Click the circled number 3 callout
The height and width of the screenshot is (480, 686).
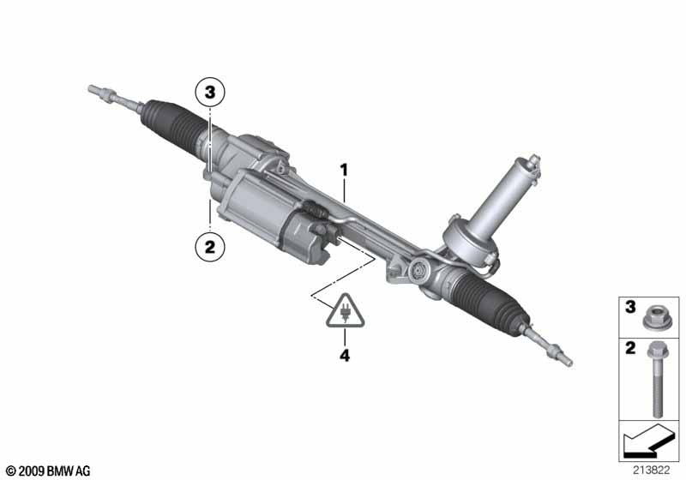(x=210, y=93)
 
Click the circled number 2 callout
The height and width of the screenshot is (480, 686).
(x=210, y=247)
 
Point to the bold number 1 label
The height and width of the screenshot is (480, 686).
(x=345, y=170)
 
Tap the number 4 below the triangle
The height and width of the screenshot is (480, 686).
(x=345, y=356)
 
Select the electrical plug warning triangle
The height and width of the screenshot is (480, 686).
(x=346, y=311)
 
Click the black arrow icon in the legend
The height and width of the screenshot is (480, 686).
(x=649, y=441)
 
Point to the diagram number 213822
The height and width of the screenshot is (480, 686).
(x=651, y=471)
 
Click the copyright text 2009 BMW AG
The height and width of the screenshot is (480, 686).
(x=49, y=471)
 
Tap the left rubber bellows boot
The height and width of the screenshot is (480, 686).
(x=170, y=123)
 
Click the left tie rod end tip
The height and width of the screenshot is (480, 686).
(x=92, y=89)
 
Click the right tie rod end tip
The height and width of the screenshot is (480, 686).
(x=568, y=362)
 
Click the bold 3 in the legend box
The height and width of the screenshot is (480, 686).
(x=630, y=307)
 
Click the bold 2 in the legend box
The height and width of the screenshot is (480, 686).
(x=630, y=348)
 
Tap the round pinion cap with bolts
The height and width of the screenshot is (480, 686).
(x=418, y=272)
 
